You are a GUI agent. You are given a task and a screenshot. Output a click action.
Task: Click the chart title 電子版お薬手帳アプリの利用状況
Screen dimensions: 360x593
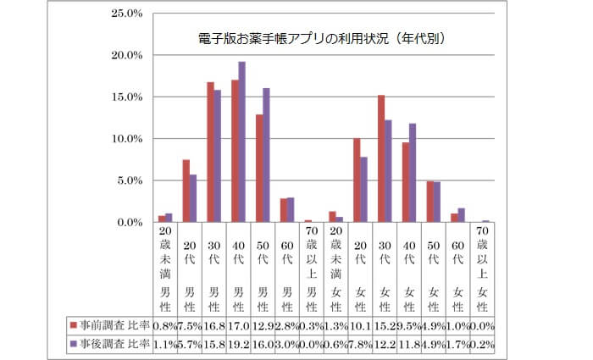317,38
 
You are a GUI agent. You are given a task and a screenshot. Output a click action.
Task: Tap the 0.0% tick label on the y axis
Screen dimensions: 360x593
129,222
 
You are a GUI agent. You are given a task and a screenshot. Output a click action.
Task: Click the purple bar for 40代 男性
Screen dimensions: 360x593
241,141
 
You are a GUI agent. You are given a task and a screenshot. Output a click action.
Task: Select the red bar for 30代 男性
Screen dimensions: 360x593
209,152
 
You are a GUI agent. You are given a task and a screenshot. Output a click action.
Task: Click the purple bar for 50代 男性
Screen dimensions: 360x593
266,155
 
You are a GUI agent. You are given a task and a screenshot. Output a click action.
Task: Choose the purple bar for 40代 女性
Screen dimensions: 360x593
413,173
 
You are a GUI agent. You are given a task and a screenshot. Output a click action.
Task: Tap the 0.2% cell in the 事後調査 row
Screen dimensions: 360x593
484,344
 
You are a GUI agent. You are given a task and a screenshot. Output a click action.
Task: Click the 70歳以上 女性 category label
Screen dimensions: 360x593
484,262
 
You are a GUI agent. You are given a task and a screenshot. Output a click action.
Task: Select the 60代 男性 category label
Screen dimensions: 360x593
286,262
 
